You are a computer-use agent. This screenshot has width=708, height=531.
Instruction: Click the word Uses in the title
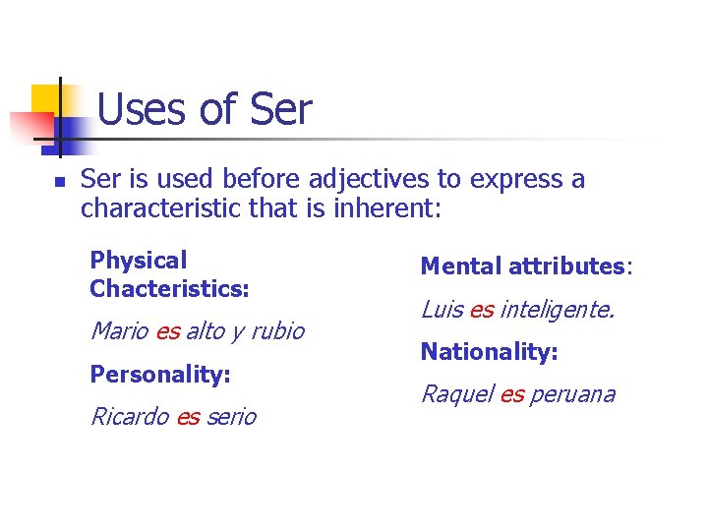(142, 109)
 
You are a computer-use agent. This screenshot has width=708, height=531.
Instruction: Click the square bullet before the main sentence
(59, 182)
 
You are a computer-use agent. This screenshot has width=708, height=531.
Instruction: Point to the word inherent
(389, 208)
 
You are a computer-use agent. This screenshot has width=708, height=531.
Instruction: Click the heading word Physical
(138, 261)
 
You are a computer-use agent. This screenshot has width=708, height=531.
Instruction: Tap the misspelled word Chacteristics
(169, 289)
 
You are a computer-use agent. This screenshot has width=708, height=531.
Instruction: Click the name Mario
(119, 331)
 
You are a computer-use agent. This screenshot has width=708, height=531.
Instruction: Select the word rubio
(277, 331)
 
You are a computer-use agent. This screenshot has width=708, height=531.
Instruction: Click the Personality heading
(160, 375)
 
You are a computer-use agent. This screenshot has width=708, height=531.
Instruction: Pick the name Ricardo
(130, 417)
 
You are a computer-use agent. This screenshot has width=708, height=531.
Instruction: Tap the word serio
(231, 417)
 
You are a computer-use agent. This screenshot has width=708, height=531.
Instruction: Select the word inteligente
(557, 310)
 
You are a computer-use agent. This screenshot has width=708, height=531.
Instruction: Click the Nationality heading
(490, 352)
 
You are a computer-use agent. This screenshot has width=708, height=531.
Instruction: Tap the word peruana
(572, 395)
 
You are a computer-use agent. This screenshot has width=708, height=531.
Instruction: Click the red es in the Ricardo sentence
(187, 417)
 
